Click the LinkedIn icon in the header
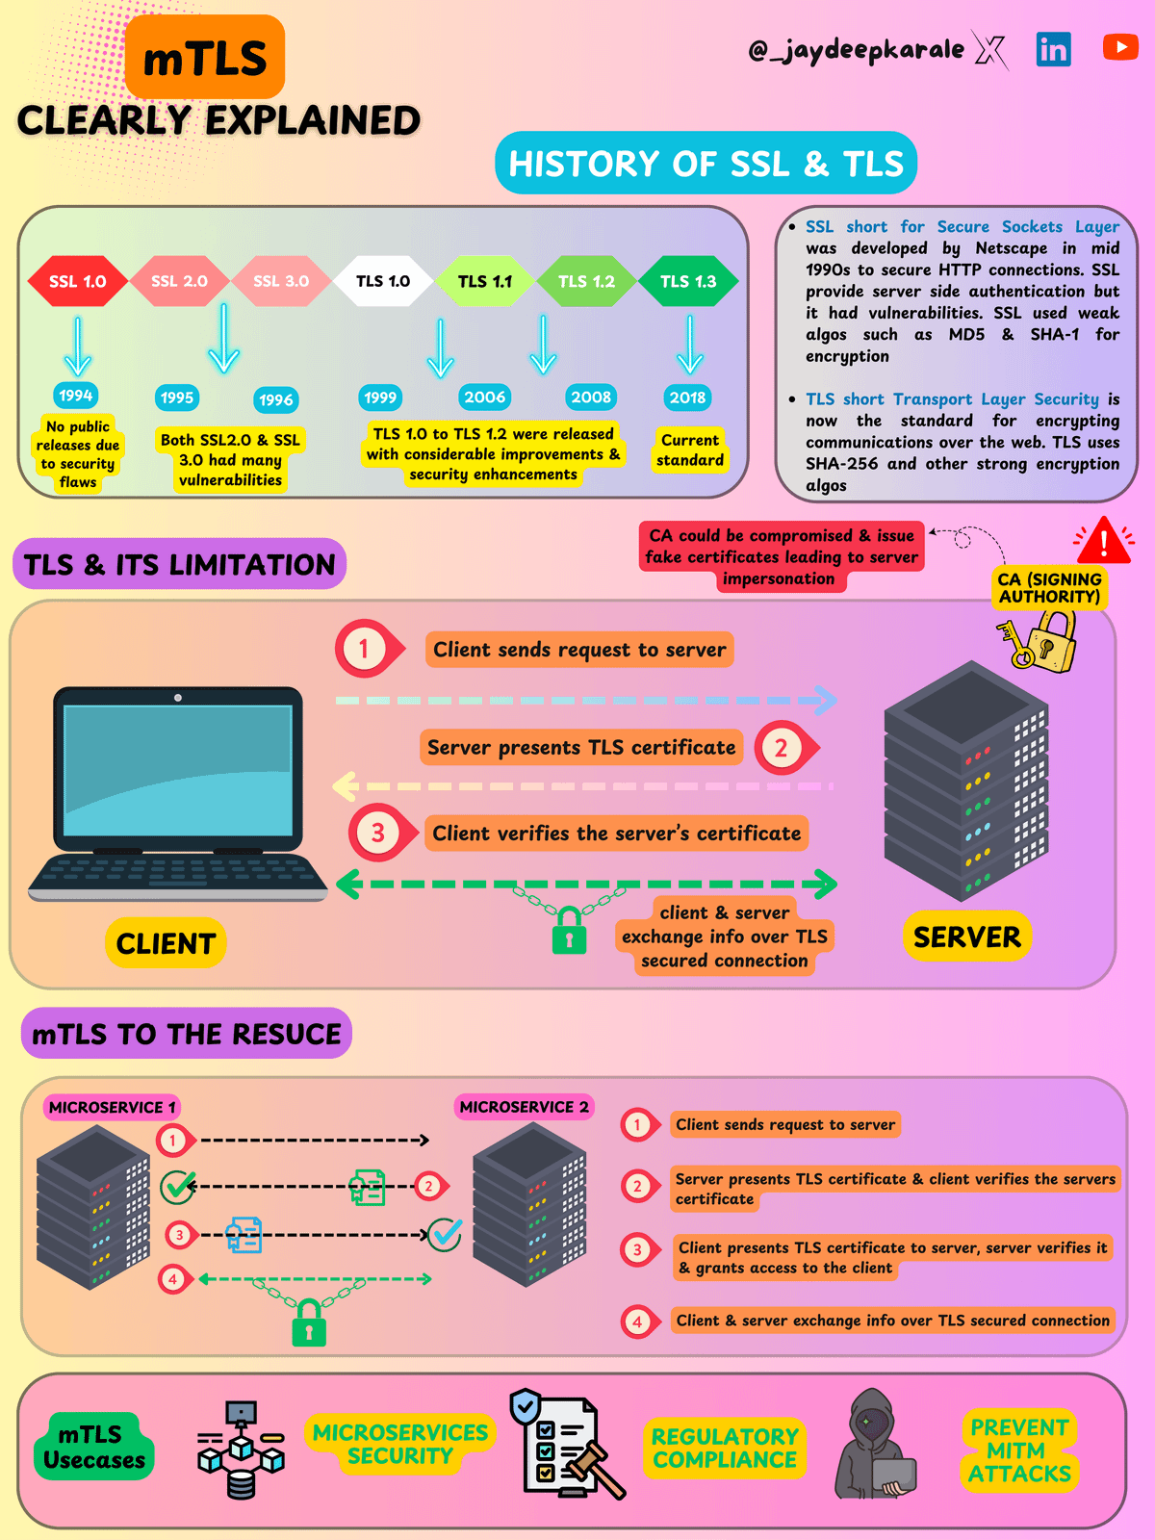1053,48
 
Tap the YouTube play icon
1120,46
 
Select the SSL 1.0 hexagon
78,281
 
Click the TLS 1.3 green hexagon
688,281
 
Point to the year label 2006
484,397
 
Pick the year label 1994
75,395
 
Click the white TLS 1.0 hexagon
383,281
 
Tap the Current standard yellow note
689,449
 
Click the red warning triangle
1104,541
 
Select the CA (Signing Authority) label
1049,588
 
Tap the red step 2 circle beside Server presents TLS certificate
781,748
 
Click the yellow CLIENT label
166,943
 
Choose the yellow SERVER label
966,937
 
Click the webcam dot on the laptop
177,697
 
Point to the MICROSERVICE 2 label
524,1107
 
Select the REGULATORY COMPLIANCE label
725,1448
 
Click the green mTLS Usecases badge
93,1447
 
